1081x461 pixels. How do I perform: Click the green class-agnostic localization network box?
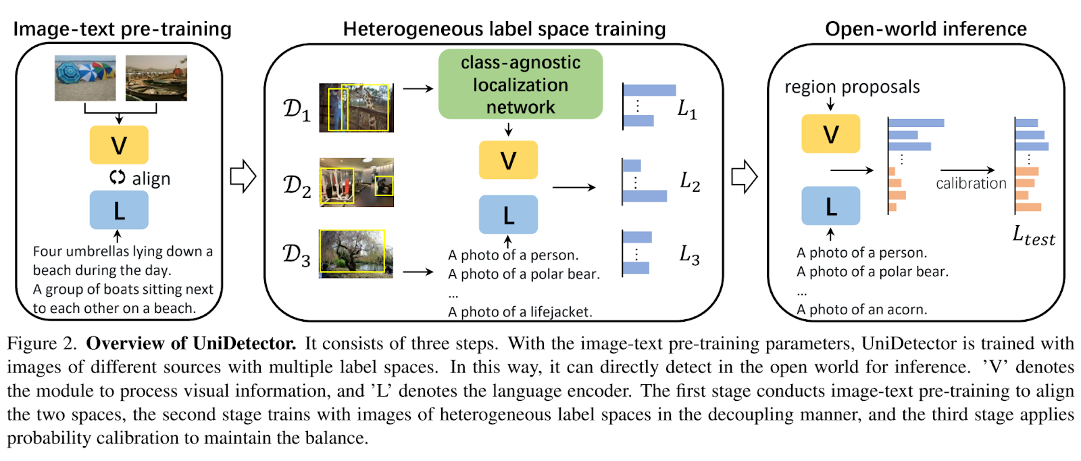[520, 84]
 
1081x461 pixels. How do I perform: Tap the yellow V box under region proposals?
[830, 134]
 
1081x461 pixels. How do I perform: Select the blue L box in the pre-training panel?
[119, 210]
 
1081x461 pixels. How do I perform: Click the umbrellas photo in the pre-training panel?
[85, 78]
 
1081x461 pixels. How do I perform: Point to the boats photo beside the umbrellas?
[156, 78]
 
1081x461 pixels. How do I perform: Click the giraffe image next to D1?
[357, 107]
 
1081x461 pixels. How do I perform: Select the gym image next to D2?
[357, 183]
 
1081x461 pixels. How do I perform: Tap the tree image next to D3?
[356, 254]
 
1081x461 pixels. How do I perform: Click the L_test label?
[1034, 236]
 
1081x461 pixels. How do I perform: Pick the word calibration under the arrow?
[971, 183]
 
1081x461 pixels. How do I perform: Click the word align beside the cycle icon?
[151, 178]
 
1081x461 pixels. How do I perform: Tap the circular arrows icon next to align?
[118, 177]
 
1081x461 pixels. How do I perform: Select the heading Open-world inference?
[926, 29]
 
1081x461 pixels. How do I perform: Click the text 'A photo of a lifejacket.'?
[520, 312]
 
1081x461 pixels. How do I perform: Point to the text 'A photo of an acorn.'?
[862, 310]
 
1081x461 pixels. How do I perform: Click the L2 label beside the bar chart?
[690, 182]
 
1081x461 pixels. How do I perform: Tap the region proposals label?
[852, 87]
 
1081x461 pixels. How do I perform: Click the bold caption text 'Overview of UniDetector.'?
[191, 343]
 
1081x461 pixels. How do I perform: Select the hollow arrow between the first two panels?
[243, 176]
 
